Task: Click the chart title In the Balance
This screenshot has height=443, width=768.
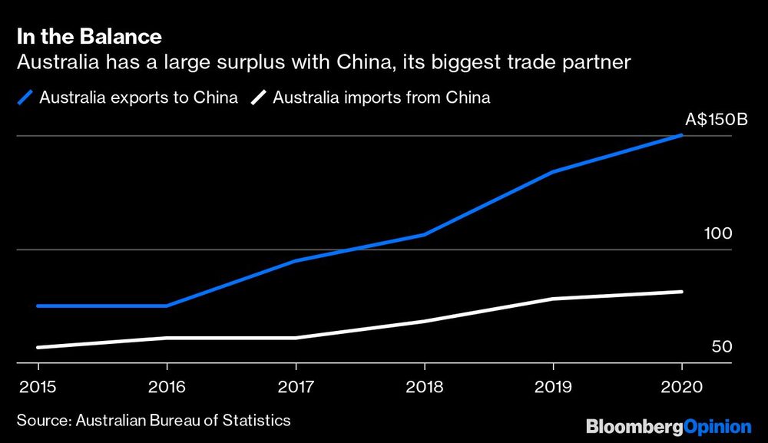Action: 89,36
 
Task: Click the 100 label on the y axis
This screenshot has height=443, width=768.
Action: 718,233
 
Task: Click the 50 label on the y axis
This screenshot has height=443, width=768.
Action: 722,347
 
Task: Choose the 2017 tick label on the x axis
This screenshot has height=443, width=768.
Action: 295,387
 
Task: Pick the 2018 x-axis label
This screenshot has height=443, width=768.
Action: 424,387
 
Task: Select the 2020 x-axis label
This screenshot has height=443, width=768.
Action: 682,387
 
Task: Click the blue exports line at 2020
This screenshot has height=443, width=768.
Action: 681,136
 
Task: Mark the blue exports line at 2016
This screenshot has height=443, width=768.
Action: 166,306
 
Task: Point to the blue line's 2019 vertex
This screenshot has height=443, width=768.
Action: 553,172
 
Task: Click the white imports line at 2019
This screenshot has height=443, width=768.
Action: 553,299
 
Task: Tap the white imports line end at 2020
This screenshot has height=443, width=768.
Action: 681,292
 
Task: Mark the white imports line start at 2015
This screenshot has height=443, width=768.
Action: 38,348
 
